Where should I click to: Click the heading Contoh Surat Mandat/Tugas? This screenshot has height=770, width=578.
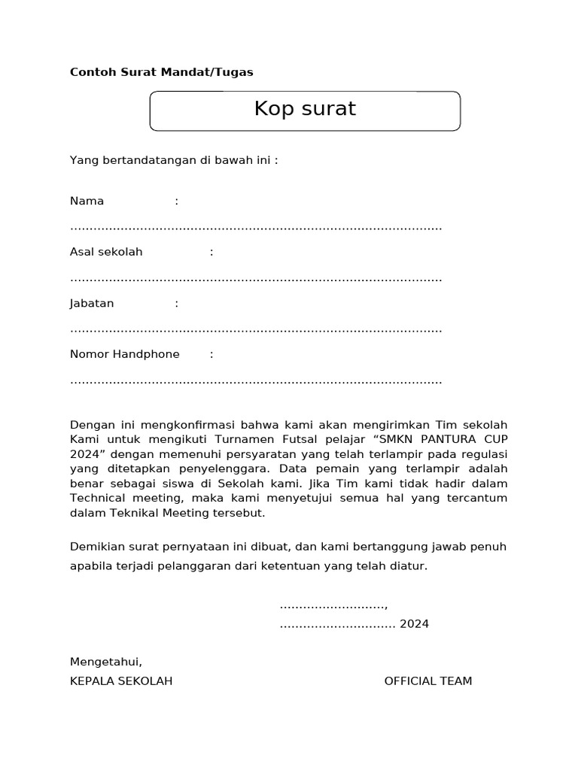tap(161, 72)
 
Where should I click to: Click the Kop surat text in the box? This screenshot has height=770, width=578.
tap(305, 109)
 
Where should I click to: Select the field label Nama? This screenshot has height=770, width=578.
tap(87, 201)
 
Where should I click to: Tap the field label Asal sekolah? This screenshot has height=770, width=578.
tap(106, 252)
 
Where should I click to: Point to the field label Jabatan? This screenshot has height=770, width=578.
tap(92, 303)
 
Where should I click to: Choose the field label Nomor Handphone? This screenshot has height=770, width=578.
tap(124, 354)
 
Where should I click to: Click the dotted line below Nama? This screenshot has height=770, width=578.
tap(256, 227)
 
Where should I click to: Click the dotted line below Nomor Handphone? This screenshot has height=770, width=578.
tap(256, 380)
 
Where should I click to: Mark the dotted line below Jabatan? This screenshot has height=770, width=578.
tap(256, 329)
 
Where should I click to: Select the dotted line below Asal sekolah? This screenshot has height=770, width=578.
tap(256, 278)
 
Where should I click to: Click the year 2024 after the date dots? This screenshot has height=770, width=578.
tap(414, 624)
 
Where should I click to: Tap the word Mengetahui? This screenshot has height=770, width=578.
tap(105, 662)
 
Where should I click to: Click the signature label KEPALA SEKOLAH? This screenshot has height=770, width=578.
tap(121, 681)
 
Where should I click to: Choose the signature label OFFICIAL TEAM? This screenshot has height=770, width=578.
tap(428, 681)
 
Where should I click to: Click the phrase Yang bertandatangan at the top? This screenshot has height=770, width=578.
tap(122, 160)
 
